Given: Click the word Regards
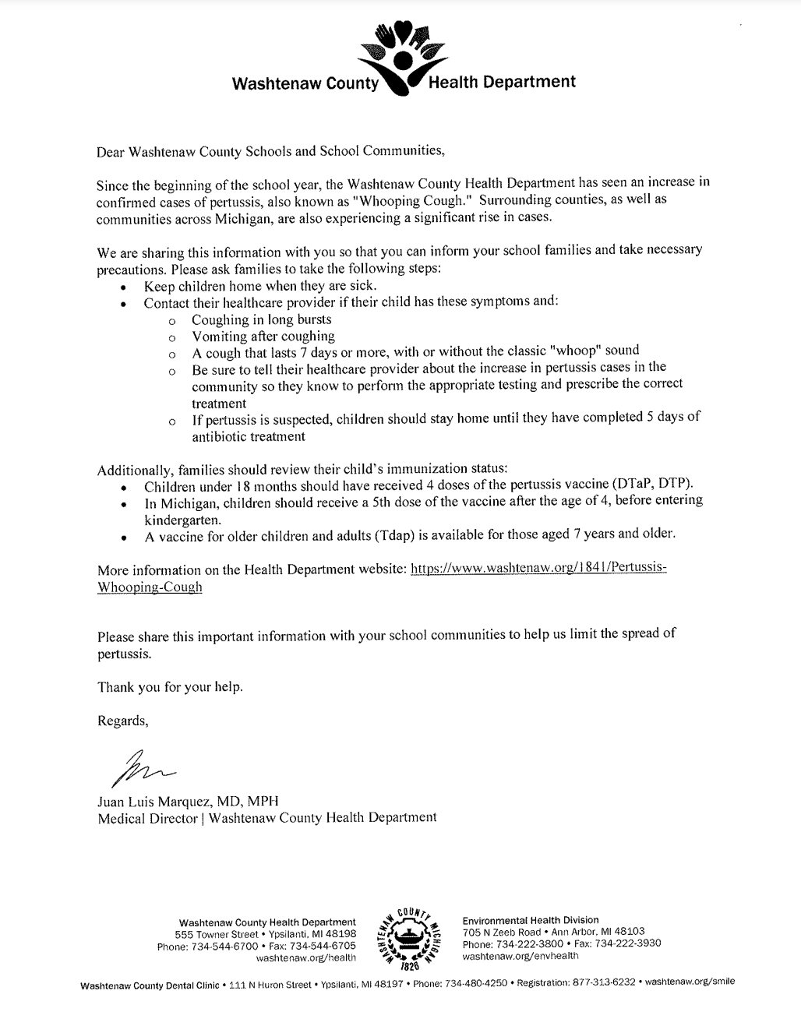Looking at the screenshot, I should click(x=122, y=721).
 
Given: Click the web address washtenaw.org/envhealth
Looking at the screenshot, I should click(x=520, y=955).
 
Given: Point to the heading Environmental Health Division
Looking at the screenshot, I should click(x=531, y=920).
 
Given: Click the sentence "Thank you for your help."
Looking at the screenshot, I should click(x=170, y=687).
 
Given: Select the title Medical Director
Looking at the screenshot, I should click(x=146, y=818).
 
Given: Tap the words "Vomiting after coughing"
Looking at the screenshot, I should click(x=263, y=337).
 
